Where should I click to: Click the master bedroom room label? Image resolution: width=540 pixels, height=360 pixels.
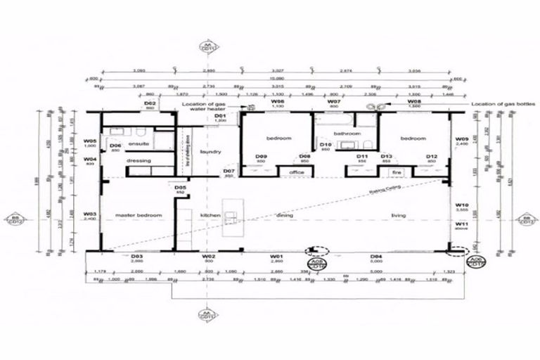139,214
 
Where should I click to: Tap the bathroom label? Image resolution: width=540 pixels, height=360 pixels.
347,133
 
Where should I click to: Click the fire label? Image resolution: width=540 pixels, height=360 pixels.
397,172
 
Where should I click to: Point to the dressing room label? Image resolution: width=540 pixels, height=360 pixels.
139,161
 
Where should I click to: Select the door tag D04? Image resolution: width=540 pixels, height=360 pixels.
377,257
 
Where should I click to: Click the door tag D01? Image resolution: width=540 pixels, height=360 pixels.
219,117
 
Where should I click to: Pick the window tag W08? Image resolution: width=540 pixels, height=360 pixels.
414,102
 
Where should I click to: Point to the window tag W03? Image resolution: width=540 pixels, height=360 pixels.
89,214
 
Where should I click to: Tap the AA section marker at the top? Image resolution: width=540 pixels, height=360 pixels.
207,47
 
